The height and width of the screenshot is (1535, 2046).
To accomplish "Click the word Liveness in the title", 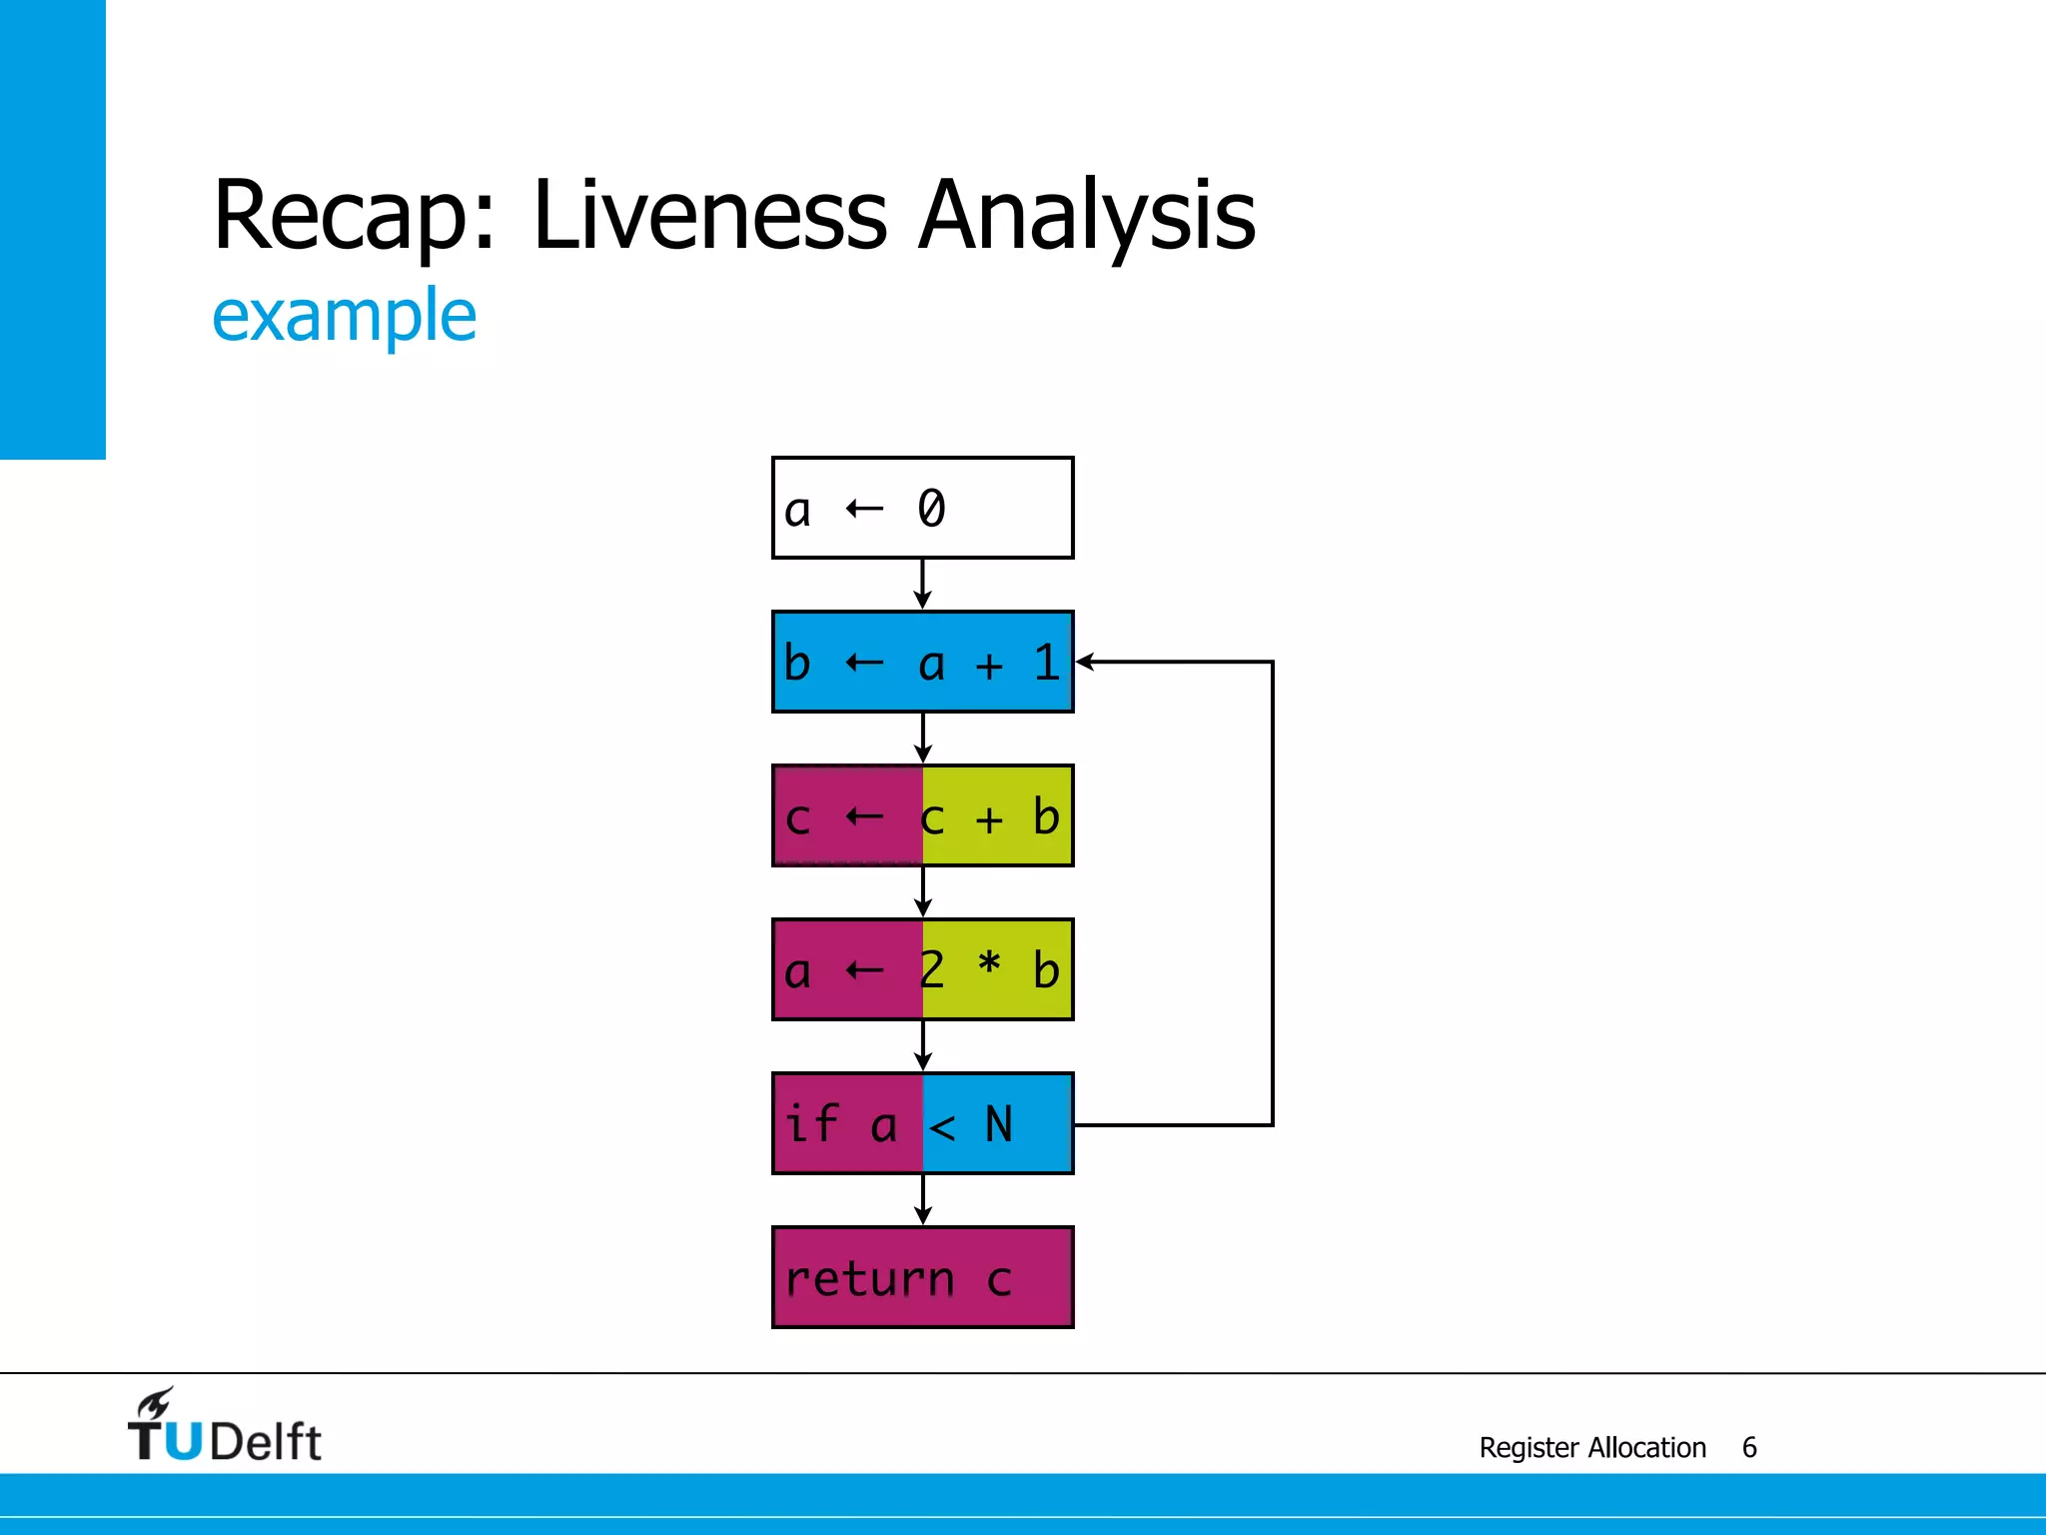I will [709, 215].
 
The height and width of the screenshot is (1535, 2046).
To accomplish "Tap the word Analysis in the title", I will [1087, 215].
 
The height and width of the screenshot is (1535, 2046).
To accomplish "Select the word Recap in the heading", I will [340, 215].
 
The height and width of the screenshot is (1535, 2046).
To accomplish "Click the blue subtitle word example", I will [345, 316].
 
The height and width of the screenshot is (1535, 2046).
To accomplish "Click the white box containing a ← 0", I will [922, 508].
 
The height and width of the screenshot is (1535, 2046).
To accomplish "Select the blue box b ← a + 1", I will [922, 662].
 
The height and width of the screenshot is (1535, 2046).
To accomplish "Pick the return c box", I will [922, 1277].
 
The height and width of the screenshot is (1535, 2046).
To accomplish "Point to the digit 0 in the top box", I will [931, 508].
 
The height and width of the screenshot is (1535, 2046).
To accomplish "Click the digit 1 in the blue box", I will [1046, 663].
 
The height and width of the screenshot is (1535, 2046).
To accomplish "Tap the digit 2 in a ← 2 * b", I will [931, 969].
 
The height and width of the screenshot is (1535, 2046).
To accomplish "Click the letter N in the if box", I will [999, 1124].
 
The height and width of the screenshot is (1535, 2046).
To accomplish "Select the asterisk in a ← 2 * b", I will [989, 964].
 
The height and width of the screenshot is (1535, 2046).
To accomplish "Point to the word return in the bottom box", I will [869, 1279].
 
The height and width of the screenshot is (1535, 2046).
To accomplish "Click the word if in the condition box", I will [811, 1122].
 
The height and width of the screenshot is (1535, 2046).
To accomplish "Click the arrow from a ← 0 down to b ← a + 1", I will [922, 584].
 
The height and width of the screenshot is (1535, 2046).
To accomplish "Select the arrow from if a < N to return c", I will [922, 1199].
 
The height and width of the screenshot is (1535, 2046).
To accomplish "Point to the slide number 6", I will [1749, 1447].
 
